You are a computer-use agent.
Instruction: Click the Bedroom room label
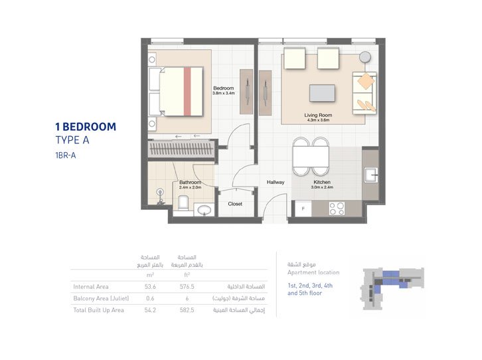click(x=223, y=88)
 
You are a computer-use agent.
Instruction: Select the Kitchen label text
click(x=322, y=181)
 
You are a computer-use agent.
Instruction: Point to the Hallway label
click(x=276, y=182)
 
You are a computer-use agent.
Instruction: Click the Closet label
click(x=235, y=204)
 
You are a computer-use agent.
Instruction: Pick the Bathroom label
click(x=190, y=183)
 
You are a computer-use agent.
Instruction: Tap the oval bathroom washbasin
click(x=204, y=211)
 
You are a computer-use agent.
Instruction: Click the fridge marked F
click(x=303, y=209)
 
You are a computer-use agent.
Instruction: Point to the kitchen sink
click(x=371, y=175)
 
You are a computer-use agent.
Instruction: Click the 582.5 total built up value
click(x=187, y=310)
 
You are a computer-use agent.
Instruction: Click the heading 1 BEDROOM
click(x=86, y=126)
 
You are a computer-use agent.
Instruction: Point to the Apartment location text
click(x=313, y=272)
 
